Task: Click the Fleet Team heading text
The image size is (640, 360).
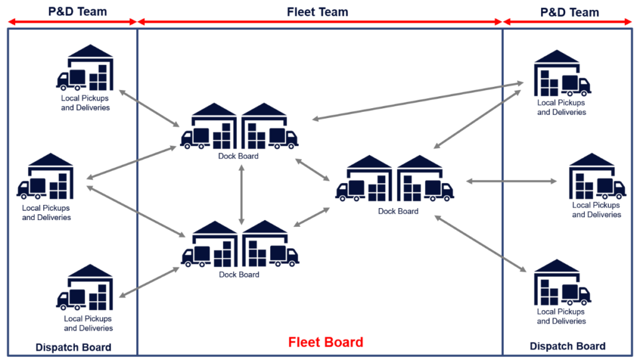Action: (317, 11)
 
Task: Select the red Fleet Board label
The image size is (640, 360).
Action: (326, 342)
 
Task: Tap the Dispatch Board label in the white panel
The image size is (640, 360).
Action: (73, 347)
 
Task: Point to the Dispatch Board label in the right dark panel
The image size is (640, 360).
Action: (567, 346)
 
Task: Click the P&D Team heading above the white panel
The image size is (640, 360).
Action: (77, 11)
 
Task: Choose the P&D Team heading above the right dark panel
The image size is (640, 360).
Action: (569, 12)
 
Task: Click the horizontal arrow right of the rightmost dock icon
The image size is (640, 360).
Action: (511, 181)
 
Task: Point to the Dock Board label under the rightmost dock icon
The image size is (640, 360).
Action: (398, 211)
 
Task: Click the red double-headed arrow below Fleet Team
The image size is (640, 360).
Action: (319, 22)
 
